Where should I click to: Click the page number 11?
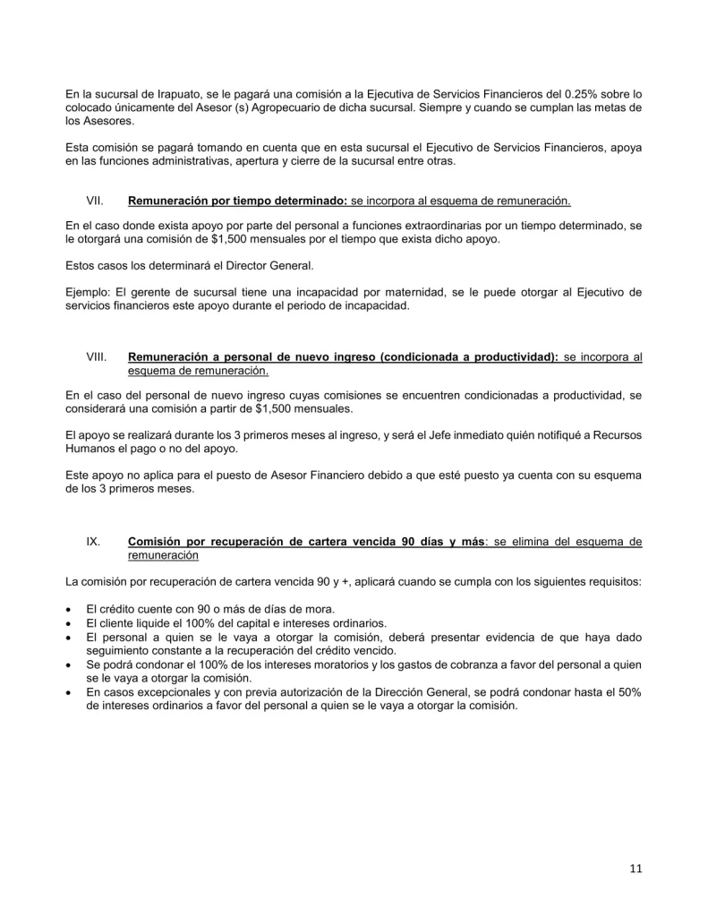pos(635,868)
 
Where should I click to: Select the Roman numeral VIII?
pos(97,356)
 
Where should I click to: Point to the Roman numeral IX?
pos(92,542)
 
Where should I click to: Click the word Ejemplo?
pos(90,292)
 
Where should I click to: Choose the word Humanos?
pos(90,448)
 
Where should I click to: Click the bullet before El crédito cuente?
pos(70,609)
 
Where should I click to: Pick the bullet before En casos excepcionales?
pos(70,693)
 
